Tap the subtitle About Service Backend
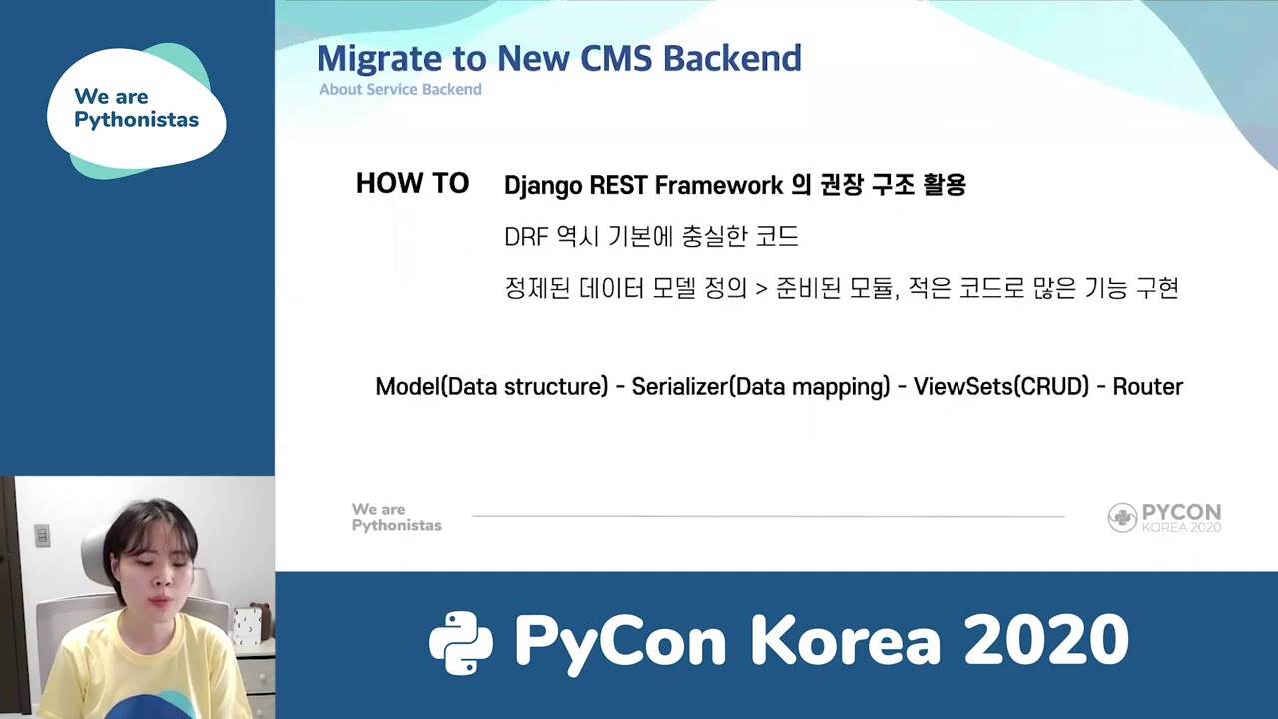coord(400,90)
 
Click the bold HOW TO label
coord(412,184)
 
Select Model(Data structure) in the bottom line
coord(491,387)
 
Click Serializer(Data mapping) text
coord(760,387)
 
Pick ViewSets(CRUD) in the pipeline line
coord(1000,387)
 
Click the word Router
coord(1147,387)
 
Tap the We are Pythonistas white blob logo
coord(136,110)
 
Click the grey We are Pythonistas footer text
coord(396,517)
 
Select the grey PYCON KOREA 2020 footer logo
coord(1164,517)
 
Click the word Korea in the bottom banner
coord(847,641)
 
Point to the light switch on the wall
coord(42,536)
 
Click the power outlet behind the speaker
coord(244,625)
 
